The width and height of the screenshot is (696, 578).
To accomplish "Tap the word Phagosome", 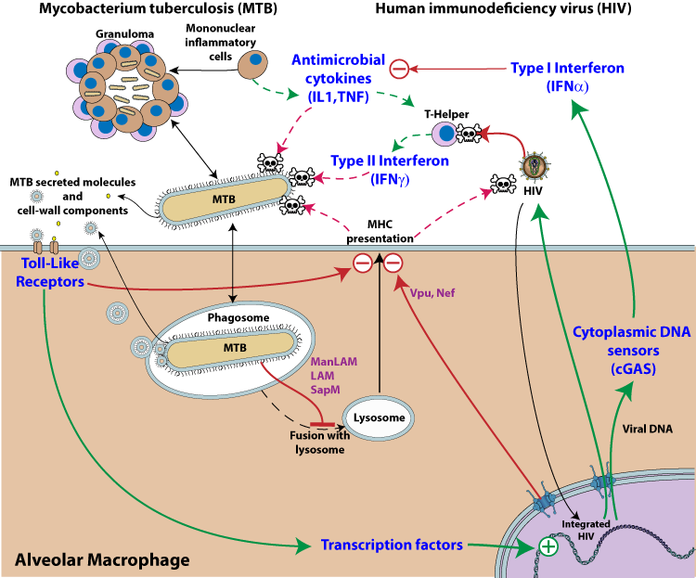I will (238, 317).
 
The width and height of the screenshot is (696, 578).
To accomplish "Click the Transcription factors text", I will (392, 545).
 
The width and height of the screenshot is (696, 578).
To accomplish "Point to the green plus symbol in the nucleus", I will (548, 546).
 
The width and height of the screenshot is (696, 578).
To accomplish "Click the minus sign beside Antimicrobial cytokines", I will (398, 68).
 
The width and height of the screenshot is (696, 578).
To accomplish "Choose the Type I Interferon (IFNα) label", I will (568, 77).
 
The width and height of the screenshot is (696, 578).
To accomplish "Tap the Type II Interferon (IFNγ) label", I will (390, 170).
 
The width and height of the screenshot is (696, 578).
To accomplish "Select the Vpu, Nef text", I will (432, 292).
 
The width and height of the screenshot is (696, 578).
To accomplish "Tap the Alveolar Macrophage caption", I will (102, 559).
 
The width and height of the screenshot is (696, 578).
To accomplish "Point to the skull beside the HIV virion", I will (503, 185).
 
